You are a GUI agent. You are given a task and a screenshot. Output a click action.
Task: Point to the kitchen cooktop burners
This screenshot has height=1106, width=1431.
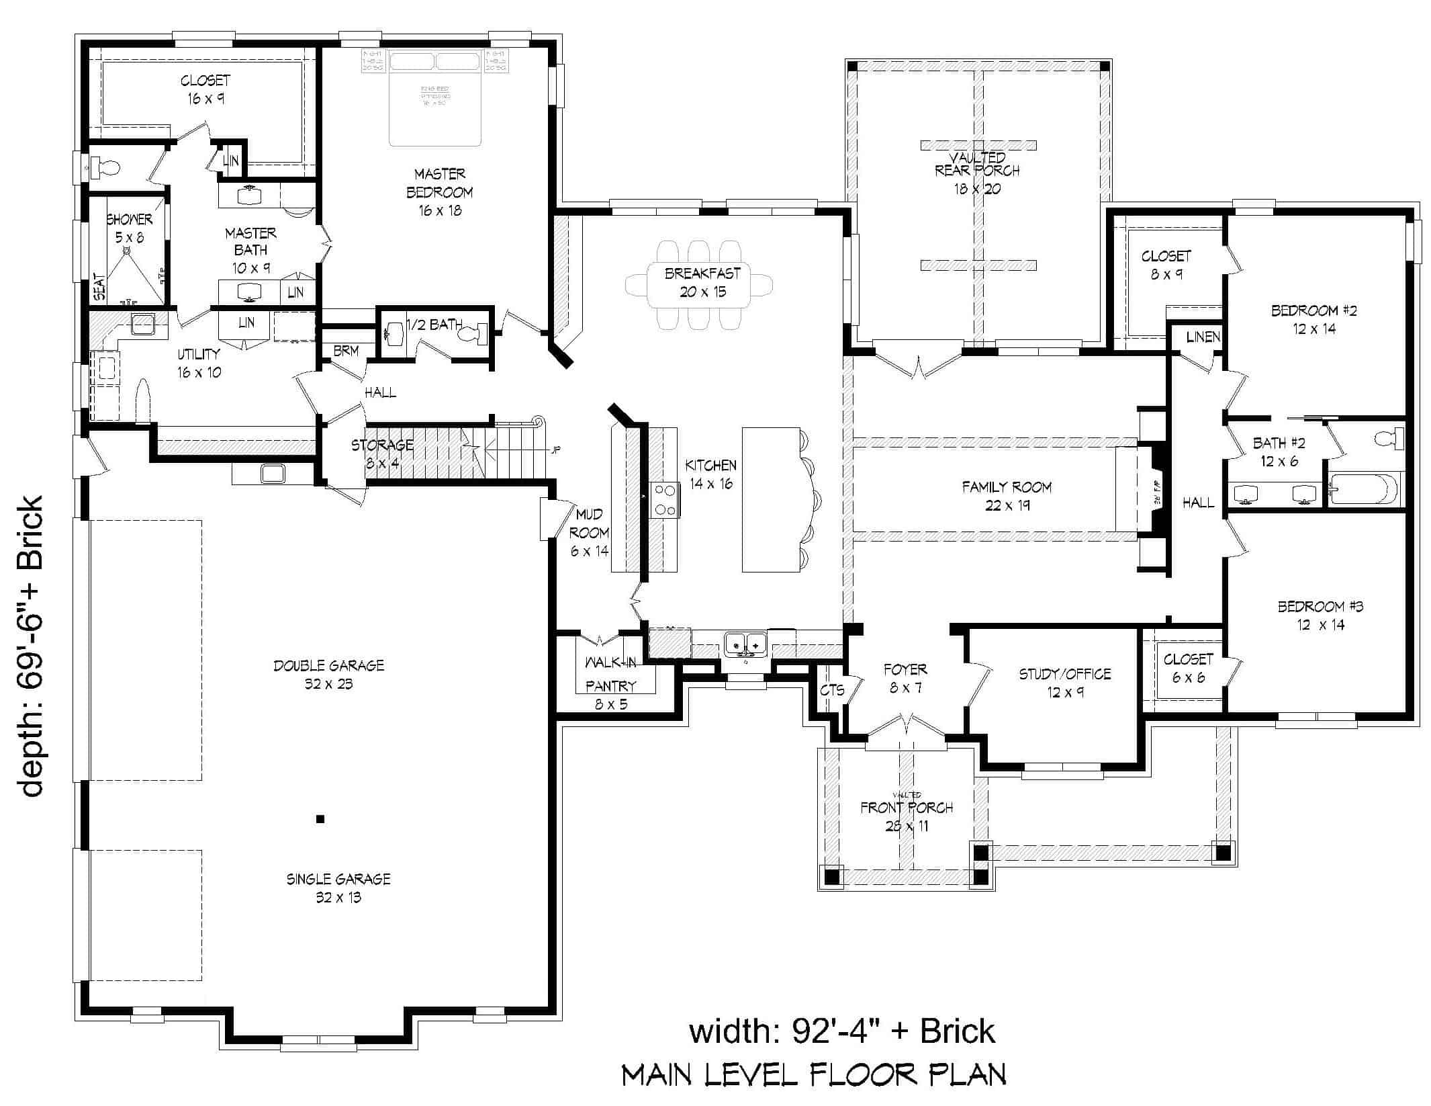[665, 500]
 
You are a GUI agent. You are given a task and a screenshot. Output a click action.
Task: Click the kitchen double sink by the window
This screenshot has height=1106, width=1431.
[746, 644]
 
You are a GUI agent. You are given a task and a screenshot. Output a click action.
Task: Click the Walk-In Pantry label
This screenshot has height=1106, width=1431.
[610, 675]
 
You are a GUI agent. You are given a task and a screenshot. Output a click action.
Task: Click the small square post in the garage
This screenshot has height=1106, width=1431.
[320, 818]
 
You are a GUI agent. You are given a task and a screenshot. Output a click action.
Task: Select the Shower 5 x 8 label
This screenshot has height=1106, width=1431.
[129, 228]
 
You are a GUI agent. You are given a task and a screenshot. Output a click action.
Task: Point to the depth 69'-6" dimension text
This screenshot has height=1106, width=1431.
[31, 646]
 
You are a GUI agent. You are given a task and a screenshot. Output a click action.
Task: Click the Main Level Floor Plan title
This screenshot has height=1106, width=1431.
[813, 1075]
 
